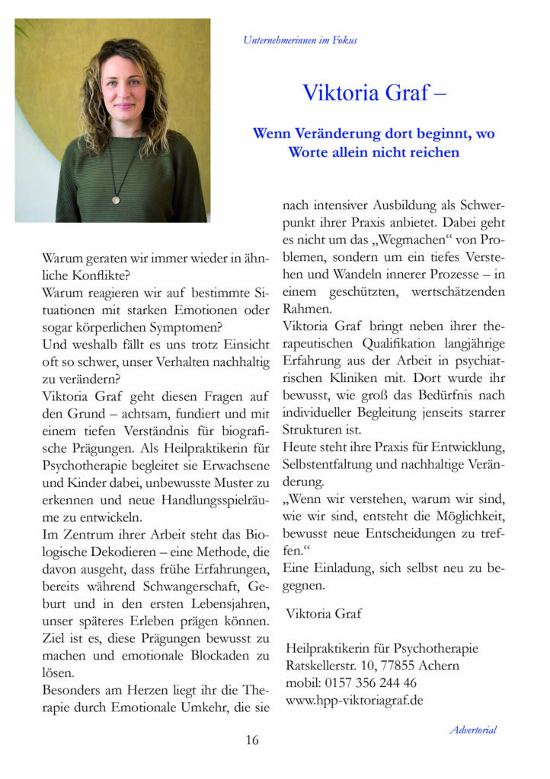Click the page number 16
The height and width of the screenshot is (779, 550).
[x=252, y=739]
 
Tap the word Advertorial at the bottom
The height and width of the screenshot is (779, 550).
[x=472, y=730]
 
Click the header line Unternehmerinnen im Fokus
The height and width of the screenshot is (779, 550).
[x=300, y=40]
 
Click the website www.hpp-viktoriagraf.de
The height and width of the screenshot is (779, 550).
[x=354, y=700]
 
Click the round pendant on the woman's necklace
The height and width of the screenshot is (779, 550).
[x=116, y=199]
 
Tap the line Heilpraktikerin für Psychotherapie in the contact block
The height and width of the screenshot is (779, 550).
[x=382, y=648]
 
